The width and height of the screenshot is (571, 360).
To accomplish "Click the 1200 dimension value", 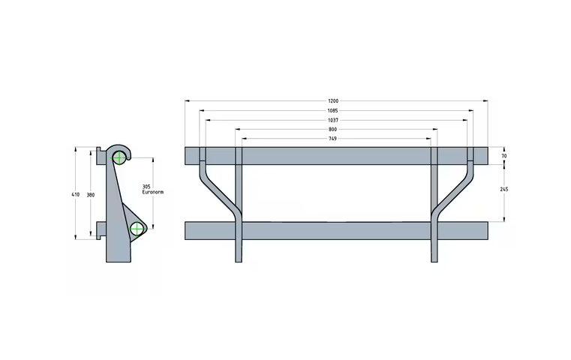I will (333, 100).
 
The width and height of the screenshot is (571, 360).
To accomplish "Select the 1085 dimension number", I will (333, 111).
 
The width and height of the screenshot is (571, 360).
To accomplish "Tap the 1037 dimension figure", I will (333, 120).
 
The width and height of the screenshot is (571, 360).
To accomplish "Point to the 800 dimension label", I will (333, 130).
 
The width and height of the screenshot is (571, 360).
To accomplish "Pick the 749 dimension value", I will (333, 139).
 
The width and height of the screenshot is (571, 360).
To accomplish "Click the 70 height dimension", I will (504, 155).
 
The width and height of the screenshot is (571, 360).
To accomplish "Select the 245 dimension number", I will (504, 190).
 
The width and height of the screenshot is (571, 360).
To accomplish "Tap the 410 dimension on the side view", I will (75, 194).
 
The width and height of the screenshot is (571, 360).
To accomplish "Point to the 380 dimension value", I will (90, 194).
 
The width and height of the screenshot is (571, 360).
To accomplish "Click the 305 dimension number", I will (147, 186).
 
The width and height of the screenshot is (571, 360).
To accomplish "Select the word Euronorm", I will (152, 193).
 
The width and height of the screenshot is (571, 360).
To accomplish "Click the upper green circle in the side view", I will (119, 157).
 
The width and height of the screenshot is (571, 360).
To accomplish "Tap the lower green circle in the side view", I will (137, 229).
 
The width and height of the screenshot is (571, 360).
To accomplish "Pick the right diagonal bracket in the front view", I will (454, 193).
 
